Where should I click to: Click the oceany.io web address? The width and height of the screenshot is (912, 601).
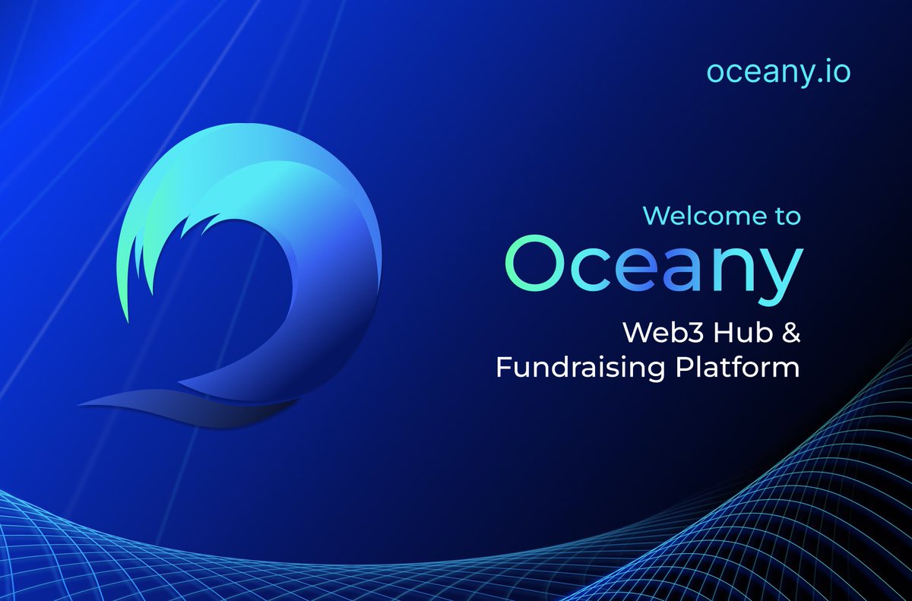coord(778,71)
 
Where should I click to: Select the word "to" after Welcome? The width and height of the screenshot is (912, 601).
coord(784,217)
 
